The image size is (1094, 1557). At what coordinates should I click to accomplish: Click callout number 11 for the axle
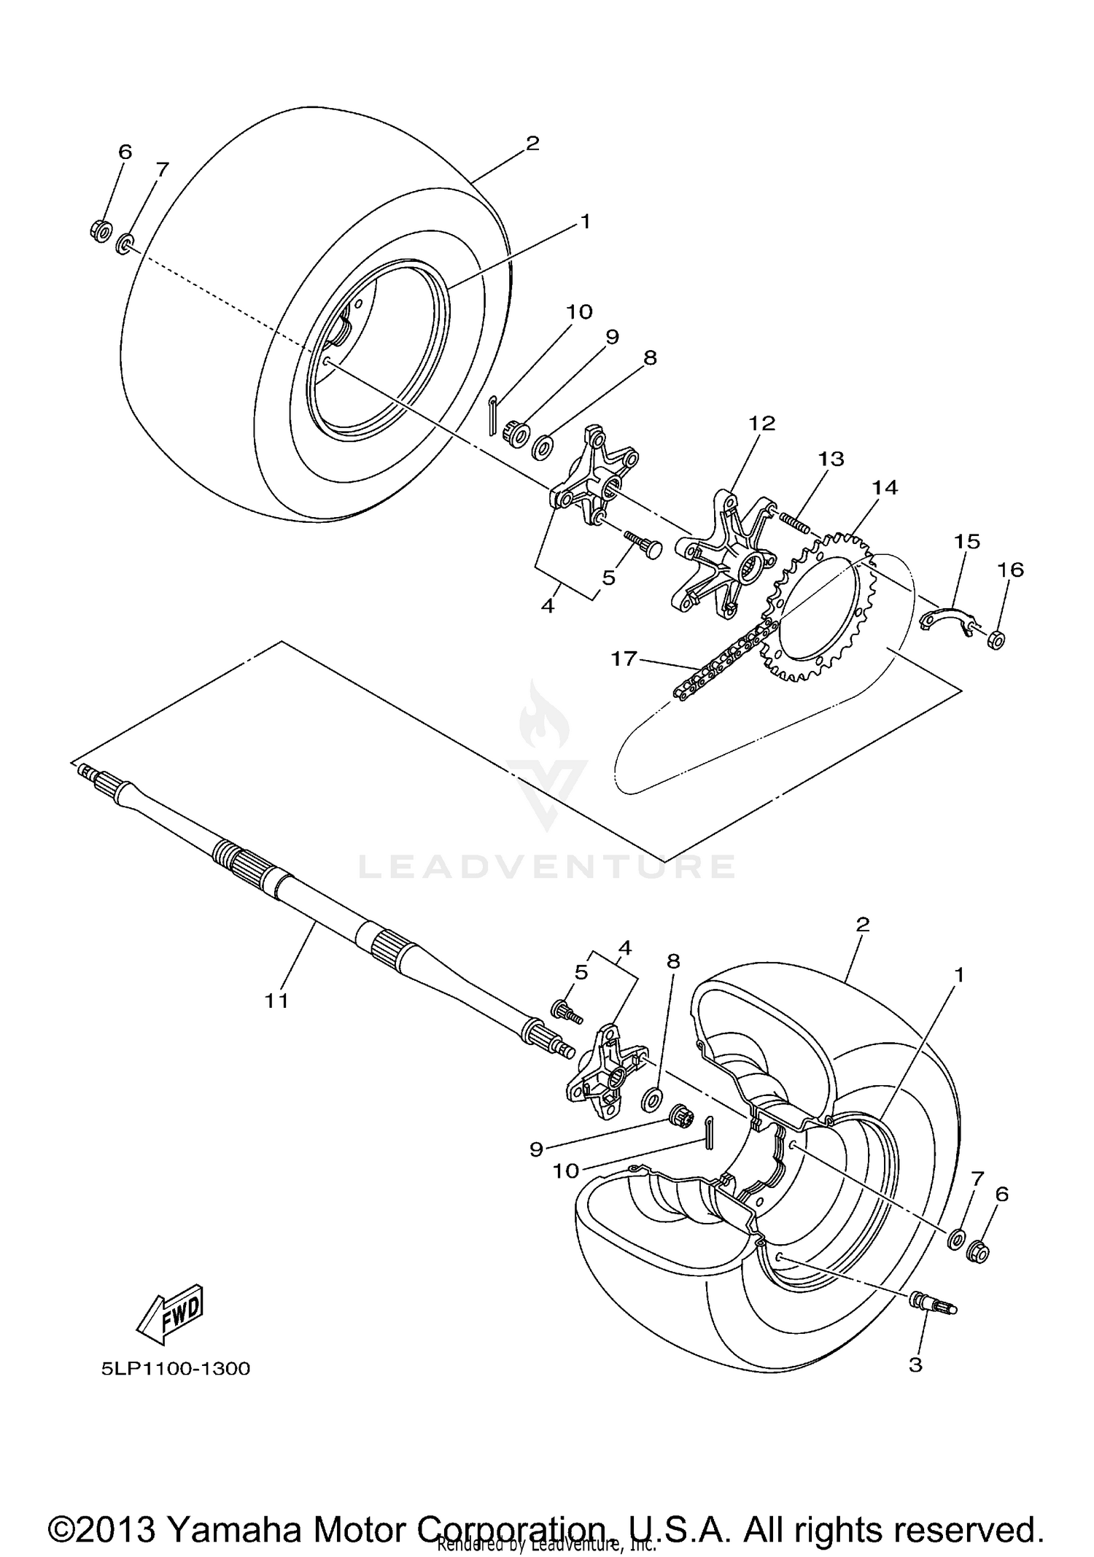tap(276, 1001)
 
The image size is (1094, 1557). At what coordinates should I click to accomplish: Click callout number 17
tap(624, 659)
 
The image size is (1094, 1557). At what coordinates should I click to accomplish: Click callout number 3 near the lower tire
tap(915, 1364)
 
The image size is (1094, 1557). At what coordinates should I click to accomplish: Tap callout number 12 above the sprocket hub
tap(761, 423)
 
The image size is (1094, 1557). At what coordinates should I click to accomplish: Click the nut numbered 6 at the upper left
tap(101, 230)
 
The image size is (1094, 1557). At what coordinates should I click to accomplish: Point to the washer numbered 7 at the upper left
tap(125, 242)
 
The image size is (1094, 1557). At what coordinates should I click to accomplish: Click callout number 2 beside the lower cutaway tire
tap(862, 924)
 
